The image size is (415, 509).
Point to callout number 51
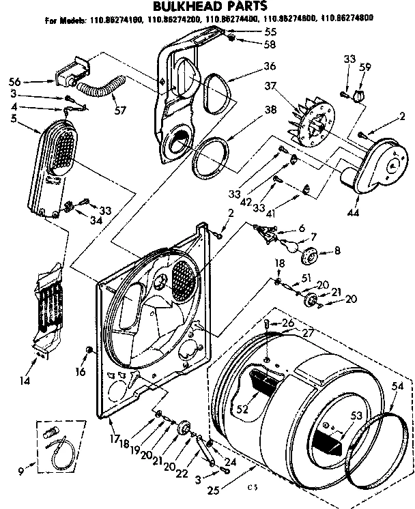[306, 278]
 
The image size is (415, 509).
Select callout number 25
[214, 490]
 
